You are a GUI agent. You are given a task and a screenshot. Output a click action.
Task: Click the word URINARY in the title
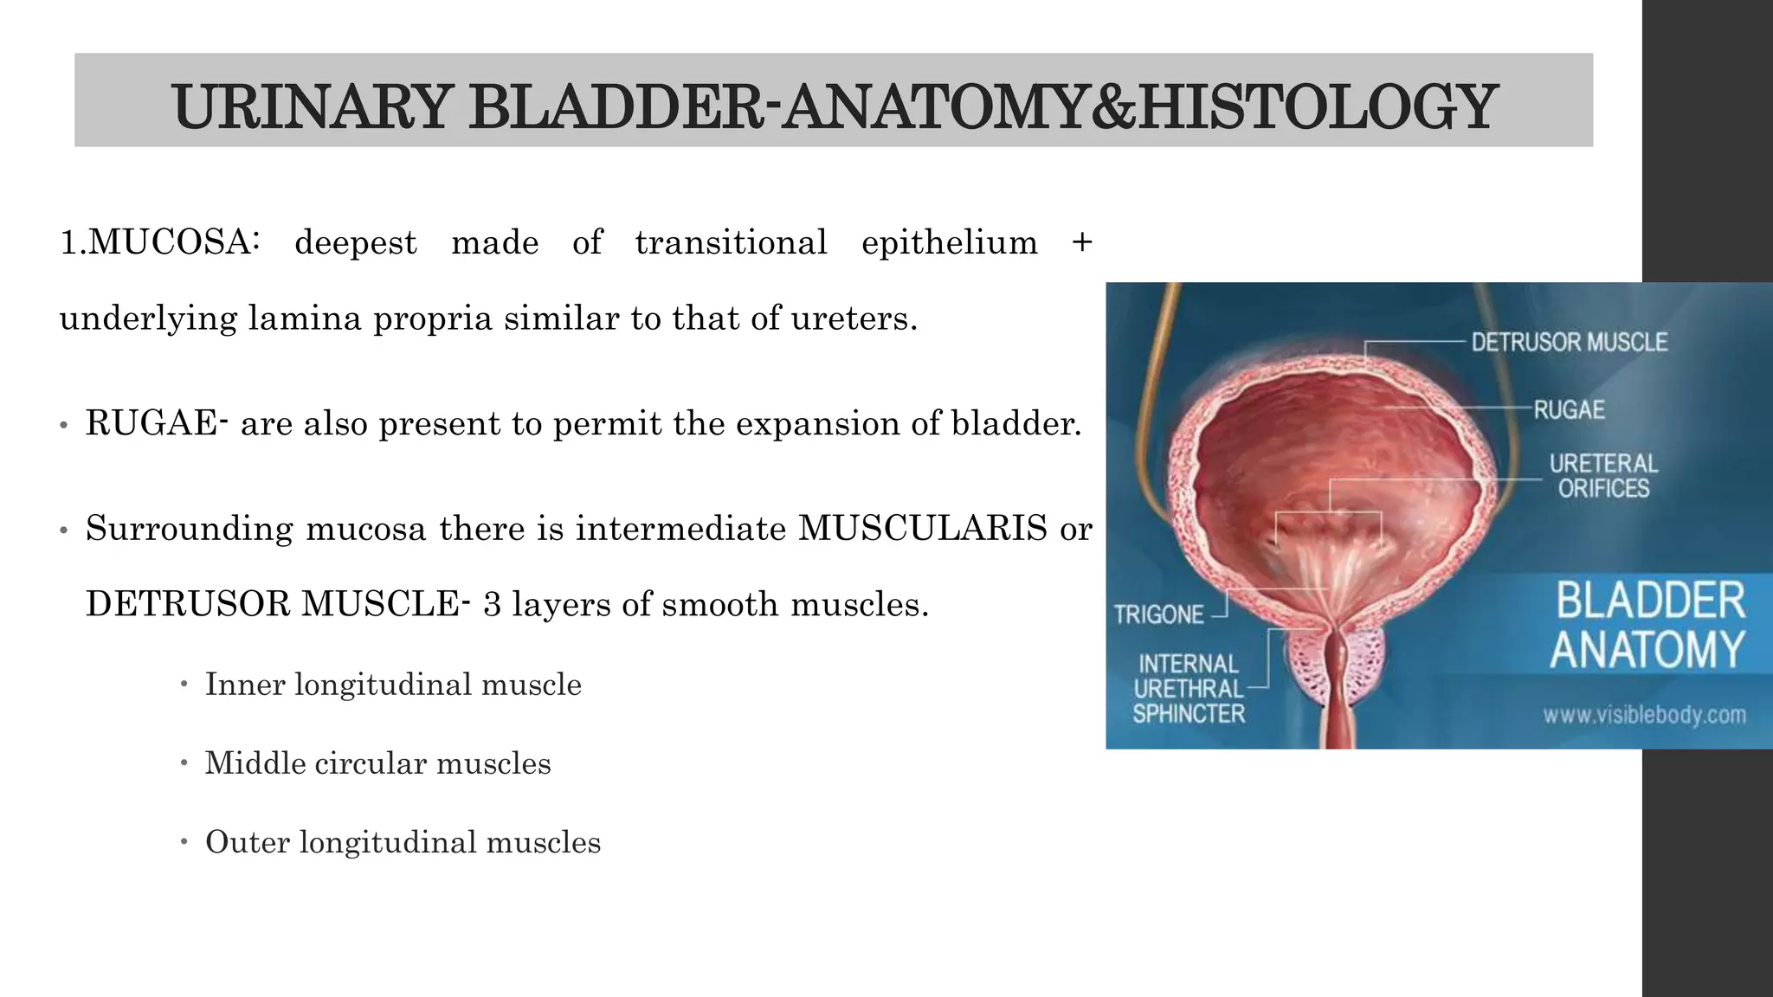[311, 107]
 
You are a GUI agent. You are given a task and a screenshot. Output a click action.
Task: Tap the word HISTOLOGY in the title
[1318, 107]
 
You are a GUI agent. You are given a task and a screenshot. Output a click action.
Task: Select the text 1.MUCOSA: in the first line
[159, 242]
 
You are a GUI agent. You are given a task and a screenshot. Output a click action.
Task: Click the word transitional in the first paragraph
[731, 242]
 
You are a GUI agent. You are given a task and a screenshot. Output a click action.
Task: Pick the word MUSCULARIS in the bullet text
[922, 528]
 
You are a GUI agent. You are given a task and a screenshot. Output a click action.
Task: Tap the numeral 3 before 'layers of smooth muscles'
[492, 604]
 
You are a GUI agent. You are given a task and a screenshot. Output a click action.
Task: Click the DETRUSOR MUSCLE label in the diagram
[1569, 343]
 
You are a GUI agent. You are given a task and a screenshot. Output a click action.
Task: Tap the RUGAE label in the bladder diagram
[1569, 409]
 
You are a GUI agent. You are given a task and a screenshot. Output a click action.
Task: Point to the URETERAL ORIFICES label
[1603, 476]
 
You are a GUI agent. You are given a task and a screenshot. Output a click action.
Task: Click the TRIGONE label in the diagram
[1158, 614]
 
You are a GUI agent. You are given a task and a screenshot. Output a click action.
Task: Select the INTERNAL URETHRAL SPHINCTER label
[1189, 689]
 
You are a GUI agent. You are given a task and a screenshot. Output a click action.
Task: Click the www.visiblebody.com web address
[1643, 715]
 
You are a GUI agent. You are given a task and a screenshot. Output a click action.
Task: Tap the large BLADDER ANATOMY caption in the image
[1648, 626]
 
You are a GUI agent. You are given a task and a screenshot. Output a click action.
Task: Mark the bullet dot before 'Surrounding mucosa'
[63, 531]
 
